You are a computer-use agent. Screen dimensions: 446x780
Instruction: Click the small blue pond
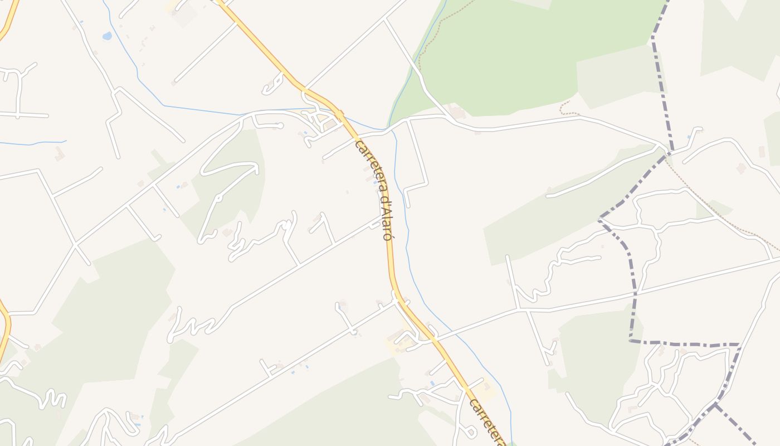[107, 36]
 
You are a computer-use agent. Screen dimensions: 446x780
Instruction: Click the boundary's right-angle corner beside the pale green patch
[631, 340]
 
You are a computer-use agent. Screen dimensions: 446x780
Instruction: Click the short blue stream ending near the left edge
[33, 143]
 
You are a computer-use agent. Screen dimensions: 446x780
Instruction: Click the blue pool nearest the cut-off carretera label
[432, 384]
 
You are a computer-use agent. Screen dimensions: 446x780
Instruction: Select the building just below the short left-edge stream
[59, 154]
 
